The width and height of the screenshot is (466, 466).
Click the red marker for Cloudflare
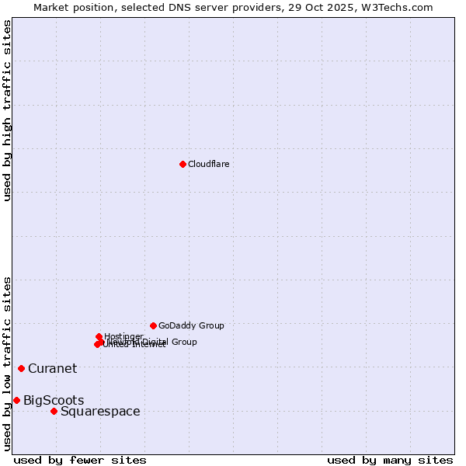(x=183, y=164)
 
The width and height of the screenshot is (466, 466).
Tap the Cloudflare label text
(x=208, y=164)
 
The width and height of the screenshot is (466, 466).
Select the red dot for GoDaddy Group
(x=153, y=325)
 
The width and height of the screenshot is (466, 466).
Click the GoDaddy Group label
(x=191, y=325)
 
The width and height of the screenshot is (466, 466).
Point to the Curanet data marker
(x=21, y=368)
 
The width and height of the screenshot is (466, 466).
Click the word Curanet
(x=52, y=368)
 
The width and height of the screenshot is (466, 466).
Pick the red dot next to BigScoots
(x=16, y=400)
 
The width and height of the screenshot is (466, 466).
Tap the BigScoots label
(x=54, y=400)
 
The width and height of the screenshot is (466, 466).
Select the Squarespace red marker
(x=54, y=411)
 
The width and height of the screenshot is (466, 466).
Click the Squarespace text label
(x=100, y=411)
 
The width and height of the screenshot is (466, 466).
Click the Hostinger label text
(x=123, y=336)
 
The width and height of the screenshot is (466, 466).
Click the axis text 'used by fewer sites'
(x=80, y=460)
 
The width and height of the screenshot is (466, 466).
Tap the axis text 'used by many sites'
(x=390, y=460)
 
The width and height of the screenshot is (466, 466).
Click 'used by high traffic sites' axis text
(x=7, y=110)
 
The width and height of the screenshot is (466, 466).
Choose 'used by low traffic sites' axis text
(x=7, y=363)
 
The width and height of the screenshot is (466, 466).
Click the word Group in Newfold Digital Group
(x=183, y=342)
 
